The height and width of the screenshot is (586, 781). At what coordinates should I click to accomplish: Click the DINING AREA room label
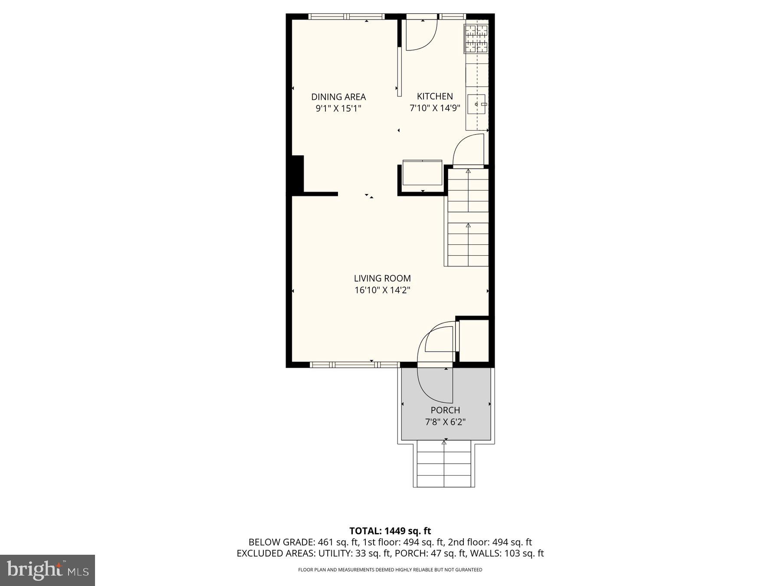338,97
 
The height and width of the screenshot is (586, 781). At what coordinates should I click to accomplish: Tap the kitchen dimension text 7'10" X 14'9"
435,108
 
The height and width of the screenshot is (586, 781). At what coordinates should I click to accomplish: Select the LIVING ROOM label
382,278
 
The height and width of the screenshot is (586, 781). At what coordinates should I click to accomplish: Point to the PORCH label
445,410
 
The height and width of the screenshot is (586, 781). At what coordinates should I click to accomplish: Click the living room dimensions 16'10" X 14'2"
382,290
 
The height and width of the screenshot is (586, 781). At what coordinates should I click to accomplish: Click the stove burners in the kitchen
476,38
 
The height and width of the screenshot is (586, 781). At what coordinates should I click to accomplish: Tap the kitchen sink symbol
476,105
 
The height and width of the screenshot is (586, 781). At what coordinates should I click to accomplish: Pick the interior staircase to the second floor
468,217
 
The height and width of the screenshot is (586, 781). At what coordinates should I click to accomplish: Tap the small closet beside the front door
474,341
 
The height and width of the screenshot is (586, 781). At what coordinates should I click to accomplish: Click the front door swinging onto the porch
434,386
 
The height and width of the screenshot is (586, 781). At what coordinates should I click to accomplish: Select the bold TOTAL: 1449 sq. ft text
390,530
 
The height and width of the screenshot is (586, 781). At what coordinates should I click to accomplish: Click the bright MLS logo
47,570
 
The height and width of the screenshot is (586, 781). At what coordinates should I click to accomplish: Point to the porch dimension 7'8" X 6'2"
445,421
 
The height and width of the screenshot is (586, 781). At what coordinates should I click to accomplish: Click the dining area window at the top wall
346,17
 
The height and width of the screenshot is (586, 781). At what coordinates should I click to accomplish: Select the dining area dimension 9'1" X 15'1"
338,109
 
